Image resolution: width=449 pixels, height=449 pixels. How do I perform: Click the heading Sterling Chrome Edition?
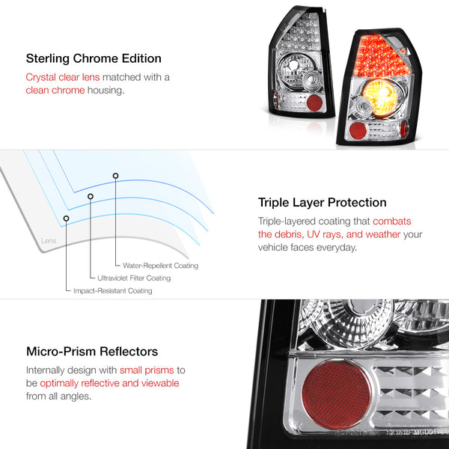tap(94, 58)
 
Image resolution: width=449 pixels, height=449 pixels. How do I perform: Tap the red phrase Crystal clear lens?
tap(63, 77)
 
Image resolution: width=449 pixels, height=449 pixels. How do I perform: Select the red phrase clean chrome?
tap(55, 91)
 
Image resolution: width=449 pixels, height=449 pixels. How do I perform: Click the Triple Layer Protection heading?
tap(322, 203)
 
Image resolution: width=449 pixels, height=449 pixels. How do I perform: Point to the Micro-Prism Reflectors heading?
tap(92, 352)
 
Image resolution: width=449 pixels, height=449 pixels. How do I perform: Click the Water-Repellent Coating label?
tap(160, 266)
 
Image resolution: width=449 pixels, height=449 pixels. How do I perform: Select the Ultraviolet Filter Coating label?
tap(134, 278)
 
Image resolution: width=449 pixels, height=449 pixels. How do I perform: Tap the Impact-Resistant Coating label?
tap(113, 290)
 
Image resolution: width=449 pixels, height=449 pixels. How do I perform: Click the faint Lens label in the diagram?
tap(49, 240)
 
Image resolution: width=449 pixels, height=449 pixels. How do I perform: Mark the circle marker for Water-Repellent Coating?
tap(115, 176)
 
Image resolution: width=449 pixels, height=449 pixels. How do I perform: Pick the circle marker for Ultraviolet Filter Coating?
tap(91, 196)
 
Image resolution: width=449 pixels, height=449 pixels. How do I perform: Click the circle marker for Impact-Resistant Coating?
tap(66, 219)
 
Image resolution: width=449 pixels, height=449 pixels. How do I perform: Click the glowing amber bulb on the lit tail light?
tap(379, 95)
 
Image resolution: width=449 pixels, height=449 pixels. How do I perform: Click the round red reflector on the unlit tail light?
tap(314, 103)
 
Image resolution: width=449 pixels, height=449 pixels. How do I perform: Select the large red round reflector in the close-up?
tap(336, 394)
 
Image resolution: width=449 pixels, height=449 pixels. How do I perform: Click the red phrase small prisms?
tap(147, 370)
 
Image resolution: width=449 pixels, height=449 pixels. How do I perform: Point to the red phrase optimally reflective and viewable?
tap(109, 383)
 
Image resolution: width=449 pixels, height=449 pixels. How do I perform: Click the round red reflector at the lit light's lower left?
tap(358, 130)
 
